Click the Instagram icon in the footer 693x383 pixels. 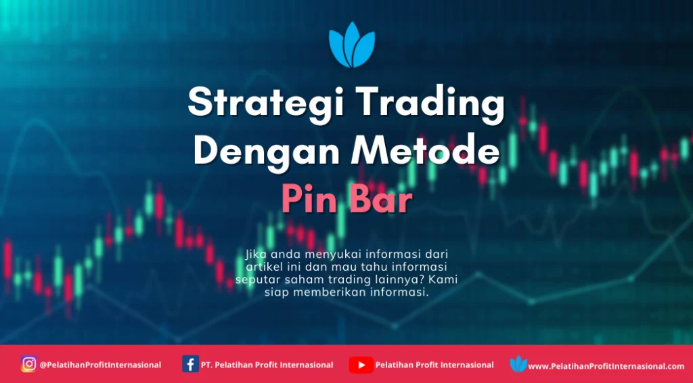pyautogui.click(x=28, y=365)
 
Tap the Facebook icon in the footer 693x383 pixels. pyautogui.click(x=190, y=365)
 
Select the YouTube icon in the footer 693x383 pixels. pyautogui.click(x=361, y=365)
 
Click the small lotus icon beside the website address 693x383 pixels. pyautogui.click(x=518, y=365)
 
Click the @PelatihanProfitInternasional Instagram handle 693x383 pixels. pyautogui.click(x=100, y=365)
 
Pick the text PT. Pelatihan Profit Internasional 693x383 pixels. pyautogui.click(x=267, y=365)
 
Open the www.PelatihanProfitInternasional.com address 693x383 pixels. pyautogui.click(x=606, y=366)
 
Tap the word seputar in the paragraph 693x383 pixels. pyautogui.click(x=254, y=279)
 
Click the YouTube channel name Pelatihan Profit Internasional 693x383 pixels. pyautogui.click(x=434, y=365)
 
